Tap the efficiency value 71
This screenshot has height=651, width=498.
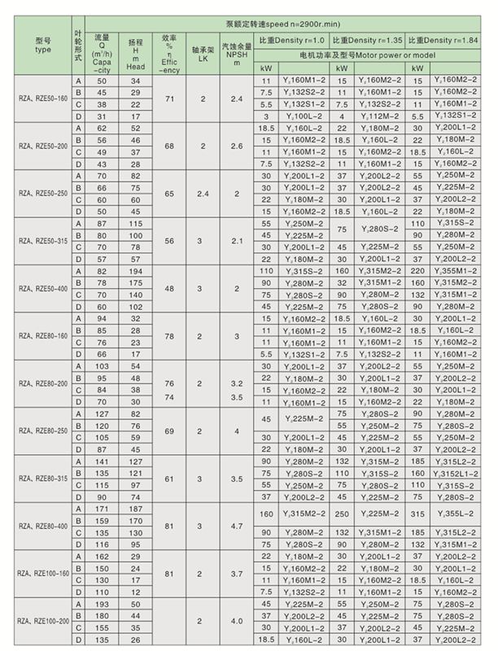169,98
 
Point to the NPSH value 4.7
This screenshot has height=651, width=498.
237,526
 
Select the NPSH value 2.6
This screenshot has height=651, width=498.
237,146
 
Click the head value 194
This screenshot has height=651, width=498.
135,270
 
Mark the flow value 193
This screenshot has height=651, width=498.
102,604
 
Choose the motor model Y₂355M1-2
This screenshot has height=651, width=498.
456,270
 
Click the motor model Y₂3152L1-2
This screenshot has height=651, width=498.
456,473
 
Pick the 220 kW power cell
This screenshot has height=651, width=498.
417,270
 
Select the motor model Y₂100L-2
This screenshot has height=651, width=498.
305,116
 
